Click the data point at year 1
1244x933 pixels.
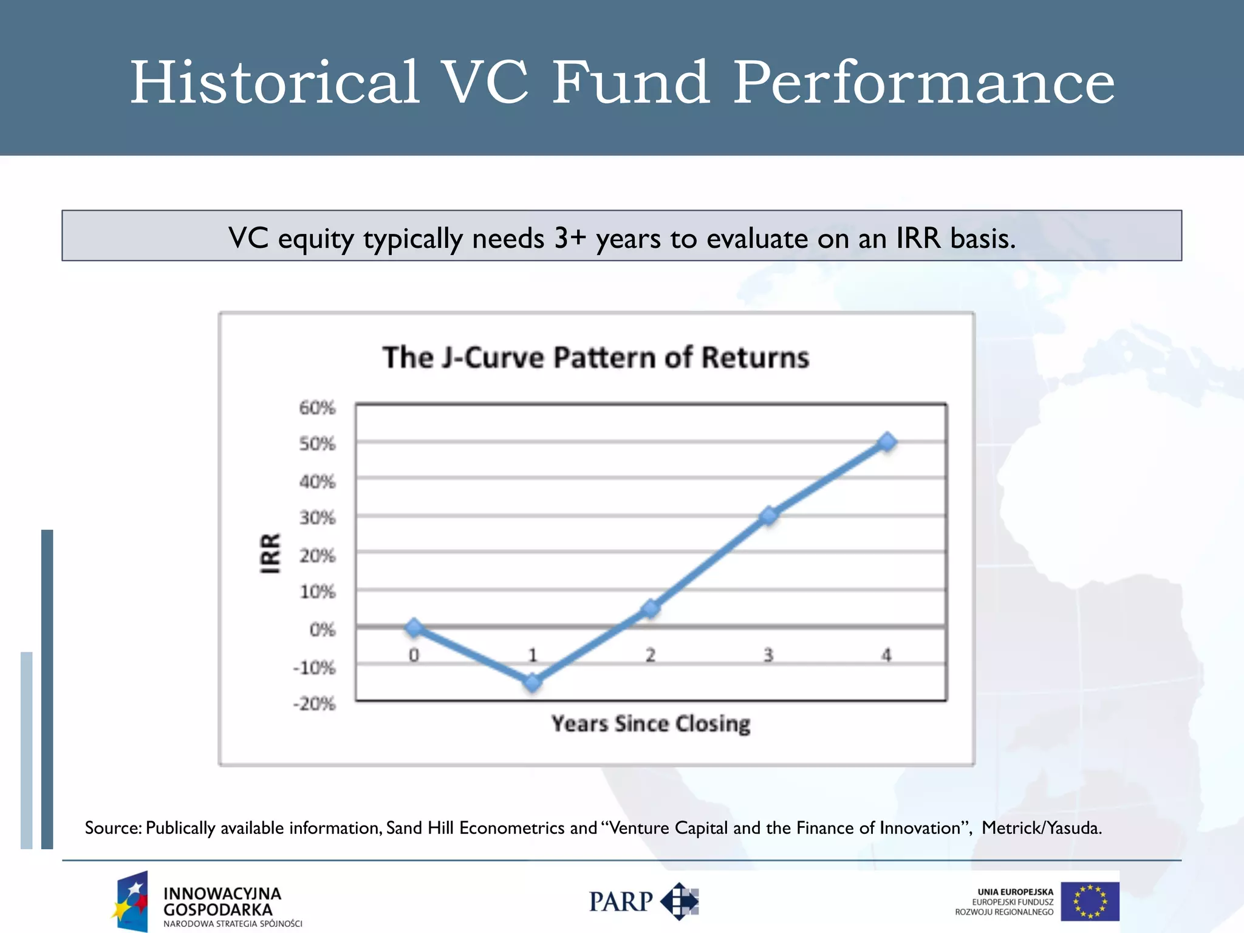533,683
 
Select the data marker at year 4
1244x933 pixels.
887,442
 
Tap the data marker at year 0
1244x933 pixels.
414,627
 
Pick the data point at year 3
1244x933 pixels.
769,516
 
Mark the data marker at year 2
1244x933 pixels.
651,608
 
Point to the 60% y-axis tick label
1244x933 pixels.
317,408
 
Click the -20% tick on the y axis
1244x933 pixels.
315,704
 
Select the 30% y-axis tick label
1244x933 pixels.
317,518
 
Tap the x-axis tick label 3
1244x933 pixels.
768,655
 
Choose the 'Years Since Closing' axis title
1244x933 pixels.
651,724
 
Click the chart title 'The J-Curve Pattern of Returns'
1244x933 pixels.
596,357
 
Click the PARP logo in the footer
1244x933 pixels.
644,901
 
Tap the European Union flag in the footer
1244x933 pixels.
1090,901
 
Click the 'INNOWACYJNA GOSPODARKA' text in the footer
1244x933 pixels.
222,902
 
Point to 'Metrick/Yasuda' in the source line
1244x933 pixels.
1041,828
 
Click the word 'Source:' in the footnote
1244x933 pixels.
113,828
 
